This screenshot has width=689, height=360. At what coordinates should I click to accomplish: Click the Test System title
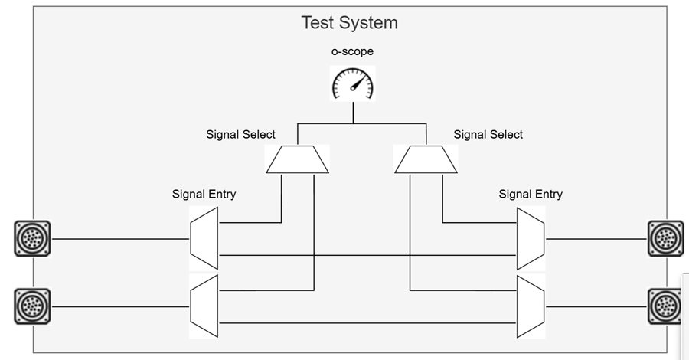(349, 22)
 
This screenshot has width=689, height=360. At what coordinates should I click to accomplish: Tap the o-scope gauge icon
(353, 83)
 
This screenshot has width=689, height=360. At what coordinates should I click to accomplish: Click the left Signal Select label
(241, 134)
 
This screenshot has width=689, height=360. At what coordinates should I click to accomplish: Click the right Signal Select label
(488, 134)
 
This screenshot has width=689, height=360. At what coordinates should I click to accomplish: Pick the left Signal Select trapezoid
(297, 159)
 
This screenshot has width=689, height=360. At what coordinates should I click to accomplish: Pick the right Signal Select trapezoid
(426, 159)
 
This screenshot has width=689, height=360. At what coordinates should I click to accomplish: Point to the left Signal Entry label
(204, 194)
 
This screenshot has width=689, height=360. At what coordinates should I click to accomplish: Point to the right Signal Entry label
(531, 194)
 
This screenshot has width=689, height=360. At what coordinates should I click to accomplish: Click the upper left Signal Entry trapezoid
(204, 238)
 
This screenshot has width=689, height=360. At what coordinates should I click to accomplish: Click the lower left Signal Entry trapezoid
(204, 306)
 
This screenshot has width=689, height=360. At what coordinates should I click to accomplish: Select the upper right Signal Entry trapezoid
(531, 238)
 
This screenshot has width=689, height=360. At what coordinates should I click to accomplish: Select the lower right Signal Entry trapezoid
(531, 306)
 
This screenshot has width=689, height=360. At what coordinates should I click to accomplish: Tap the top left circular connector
(32, 238)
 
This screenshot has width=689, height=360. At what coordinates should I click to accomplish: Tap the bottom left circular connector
(32, 306)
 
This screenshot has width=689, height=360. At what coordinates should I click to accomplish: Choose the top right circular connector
(665, 238)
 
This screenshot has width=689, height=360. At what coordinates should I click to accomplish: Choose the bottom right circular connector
(665, 306)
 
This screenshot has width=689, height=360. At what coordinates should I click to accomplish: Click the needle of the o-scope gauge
(357, 83)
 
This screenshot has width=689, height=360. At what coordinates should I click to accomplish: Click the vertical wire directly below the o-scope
(353, 112)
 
